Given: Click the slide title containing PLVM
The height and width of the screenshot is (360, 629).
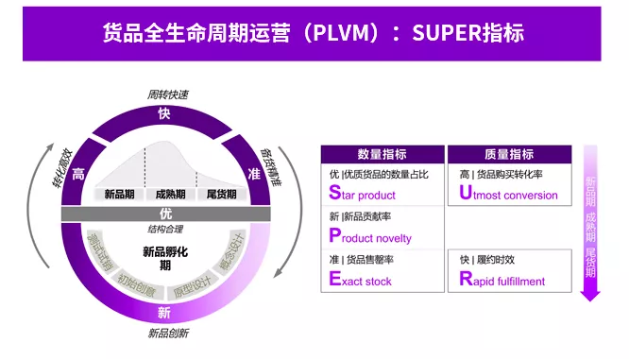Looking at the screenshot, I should pyautogui.click(x=314, y=33).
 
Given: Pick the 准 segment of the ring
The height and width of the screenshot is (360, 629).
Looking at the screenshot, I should pyautogui.click(x=253, y=174).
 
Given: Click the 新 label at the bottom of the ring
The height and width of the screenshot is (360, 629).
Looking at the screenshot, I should pyautogui.click(x=164, y=312).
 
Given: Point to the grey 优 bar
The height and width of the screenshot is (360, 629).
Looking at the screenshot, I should pyautogui.click(x=165, y=214).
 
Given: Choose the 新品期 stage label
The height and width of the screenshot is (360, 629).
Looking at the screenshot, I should pyautogui.click(x=120, y=194).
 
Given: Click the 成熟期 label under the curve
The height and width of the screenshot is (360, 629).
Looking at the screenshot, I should pyautogui.click(x=170, y=194).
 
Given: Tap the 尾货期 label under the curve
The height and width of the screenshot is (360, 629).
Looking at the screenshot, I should pyautogui.click(x=220, y=194).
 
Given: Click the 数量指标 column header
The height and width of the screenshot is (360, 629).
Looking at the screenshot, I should pyautogui.click(x=382, y=154).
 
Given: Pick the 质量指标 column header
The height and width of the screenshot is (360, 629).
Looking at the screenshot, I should pyautogui.click(x=509, y=154).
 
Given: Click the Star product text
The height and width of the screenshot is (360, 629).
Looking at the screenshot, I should pyautogui.click(x=363, y=195).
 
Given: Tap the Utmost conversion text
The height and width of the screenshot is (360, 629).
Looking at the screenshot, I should pyautogui.click(x=508, y=195).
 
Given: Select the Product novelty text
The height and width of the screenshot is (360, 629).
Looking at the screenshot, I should pyautogui.click(x=370, y=237).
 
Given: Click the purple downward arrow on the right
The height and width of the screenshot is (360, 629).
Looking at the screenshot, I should pyautogui.click(x=590, y=227).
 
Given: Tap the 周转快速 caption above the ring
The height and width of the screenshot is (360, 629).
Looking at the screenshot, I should pyautogui.click(x=167, y=94).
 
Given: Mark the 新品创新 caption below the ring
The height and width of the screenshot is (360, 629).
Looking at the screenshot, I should pyautogui.click(x=168, y=333).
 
